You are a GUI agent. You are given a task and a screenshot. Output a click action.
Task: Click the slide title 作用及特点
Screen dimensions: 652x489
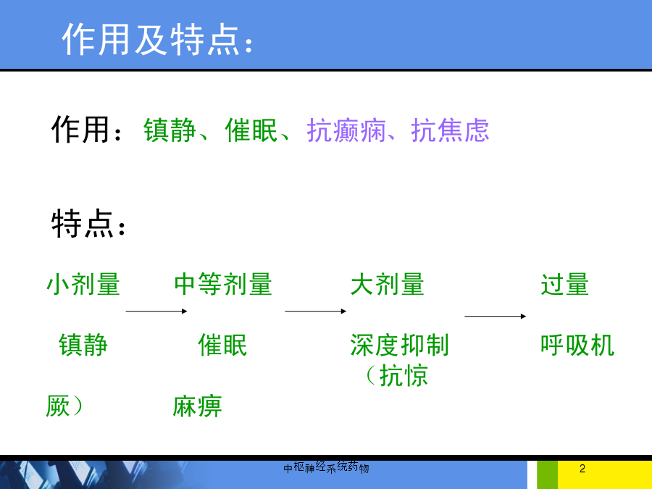(157, 39)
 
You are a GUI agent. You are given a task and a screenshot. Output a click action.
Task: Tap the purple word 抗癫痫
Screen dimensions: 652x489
(346, 130)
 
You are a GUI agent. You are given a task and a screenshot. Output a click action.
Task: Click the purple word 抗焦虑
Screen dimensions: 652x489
(450, 130)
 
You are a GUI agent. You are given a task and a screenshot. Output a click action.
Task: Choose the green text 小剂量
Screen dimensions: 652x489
(83, 285)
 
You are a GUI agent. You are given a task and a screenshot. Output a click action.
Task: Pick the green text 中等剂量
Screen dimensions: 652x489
(223, 285)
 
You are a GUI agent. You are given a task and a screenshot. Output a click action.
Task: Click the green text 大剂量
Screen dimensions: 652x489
(387, 285)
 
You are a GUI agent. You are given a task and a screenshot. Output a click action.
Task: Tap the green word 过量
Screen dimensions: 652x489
(564, 285)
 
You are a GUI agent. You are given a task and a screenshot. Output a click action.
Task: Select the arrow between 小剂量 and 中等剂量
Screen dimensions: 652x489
(156, 311)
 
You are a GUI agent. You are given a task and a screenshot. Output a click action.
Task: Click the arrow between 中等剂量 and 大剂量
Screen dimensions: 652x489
(316, 311)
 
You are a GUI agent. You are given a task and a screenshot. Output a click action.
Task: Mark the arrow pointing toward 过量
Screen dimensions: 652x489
(496, 317)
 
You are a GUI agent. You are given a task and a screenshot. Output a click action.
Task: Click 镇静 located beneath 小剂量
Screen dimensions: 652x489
(83, 345)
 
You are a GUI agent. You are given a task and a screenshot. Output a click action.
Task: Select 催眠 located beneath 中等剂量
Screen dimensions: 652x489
(222, 345)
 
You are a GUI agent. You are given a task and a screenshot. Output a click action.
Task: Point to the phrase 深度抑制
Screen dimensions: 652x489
(400, 345)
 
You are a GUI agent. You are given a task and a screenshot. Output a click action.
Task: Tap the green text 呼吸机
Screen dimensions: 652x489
(577, 345)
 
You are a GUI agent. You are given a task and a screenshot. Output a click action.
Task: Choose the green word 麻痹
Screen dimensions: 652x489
(197, 406)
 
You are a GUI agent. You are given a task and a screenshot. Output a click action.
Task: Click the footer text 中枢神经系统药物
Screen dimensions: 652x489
(326, 467)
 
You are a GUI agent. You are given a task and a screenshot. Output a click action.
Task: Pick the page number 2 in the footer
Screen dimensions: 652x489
(582, 469)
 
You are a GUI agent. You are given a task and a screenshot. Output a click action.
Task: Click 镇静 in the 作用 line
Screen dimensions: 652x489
(170, 130)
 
